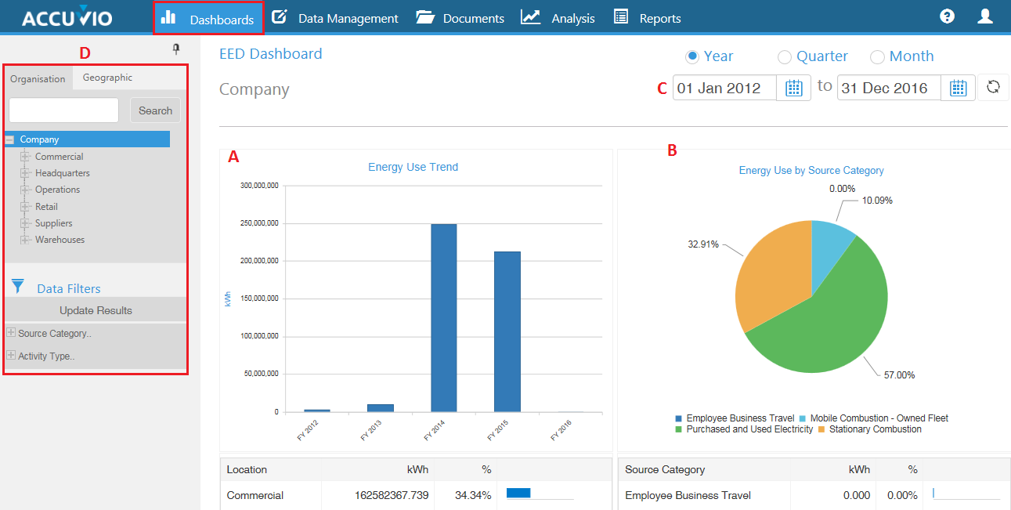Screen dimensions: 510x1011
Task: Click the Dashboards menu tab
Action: tap(208, 18)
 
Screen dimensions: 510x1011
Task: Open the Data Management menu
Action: tap(335, 18)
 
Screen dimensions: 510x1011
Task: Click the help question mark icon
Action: tap(947, 16)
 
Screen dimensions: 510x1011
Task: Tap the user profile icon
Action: tap(985, 16)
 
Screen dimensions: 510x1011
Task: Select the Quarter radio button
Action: tap(785, 56)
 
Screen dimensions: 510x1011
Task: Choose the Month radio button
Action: tap(877, 56)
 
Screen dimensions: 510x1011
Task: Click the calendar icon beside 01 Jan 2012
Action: tap(793, 88)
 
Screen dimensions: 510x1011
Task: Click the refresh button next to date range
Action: tap(993, 87)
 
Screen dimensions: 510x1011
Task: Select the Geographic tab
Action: tap(107, 78)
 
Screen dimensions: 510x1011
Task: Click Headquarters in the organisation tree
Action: tap(62, 173)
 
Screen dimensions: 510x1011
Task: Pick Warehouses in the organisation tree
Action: tap(60, 240)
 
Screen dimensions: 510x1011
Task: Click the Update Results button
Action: tap(96, 310)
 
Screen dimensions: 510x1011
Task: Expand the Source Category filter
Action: tap(11, 333)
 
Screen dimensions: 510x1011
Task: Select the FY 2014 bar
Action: tap(444, 317)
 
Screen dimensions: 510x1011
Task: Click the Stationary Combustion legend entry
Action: tap(870, 429)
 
